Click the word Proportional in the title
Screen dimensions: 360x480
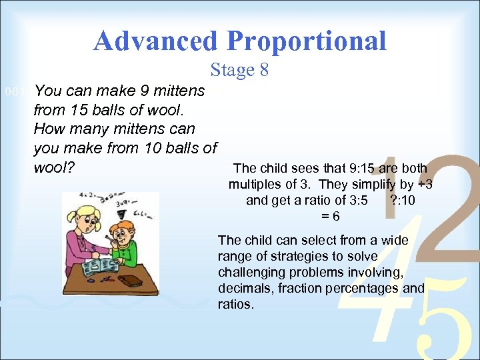[307, 41]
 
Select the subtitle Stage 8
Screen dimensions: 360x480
[239, 70]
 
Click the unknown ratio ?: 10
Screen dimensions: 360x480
[407, 201]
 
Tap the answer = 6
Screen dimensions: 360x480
[331, 216]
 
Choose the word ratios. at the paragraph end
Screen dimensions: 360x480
[236, 305]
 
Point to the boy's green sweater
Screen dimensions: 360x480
[131, 253]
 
